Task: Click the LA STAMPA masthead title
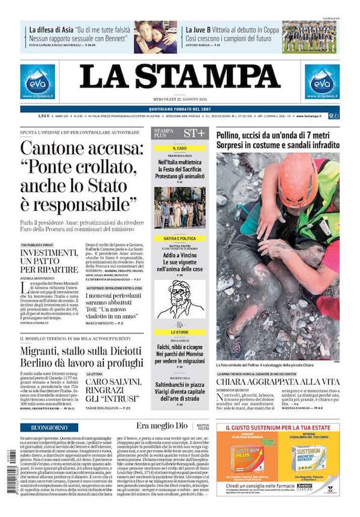[x=180, y=76]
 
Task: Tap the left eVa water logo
[x=37, y=81]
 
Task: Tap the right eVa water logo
[x=322, y=81]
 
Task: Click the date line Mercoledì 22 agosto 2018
[x=180, y=100]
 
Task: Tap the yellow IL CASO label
[x=179, y=148]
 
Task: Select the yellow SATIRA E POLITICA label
[x=179, y=239]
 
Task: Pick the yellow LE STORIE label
[x=179, y=332]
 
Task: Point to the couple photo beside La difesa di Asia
[x=155, y=36]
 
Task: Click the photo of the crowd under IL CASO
[x=179, y=208]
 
